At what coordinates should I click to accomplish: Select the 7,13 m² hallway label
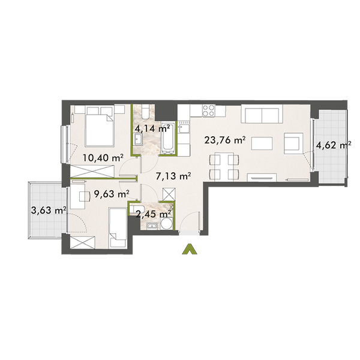pos(173,176)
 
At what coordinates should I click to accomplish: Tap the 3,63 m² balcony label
pos(47,209)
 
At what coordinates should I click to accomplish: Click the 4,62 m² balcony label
pos(332,145)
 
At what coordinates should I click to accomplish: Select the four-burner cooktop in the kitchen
pos(209,110)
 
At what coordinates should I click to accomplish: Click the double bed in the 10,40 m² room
pos(98,125)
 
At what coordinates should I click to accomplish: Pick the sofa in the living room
pos(260,114)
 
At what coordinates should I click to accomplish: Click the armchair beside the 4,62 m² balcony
pos(292,144)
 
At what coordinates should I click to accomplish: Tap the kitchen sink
pos(183,127)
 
